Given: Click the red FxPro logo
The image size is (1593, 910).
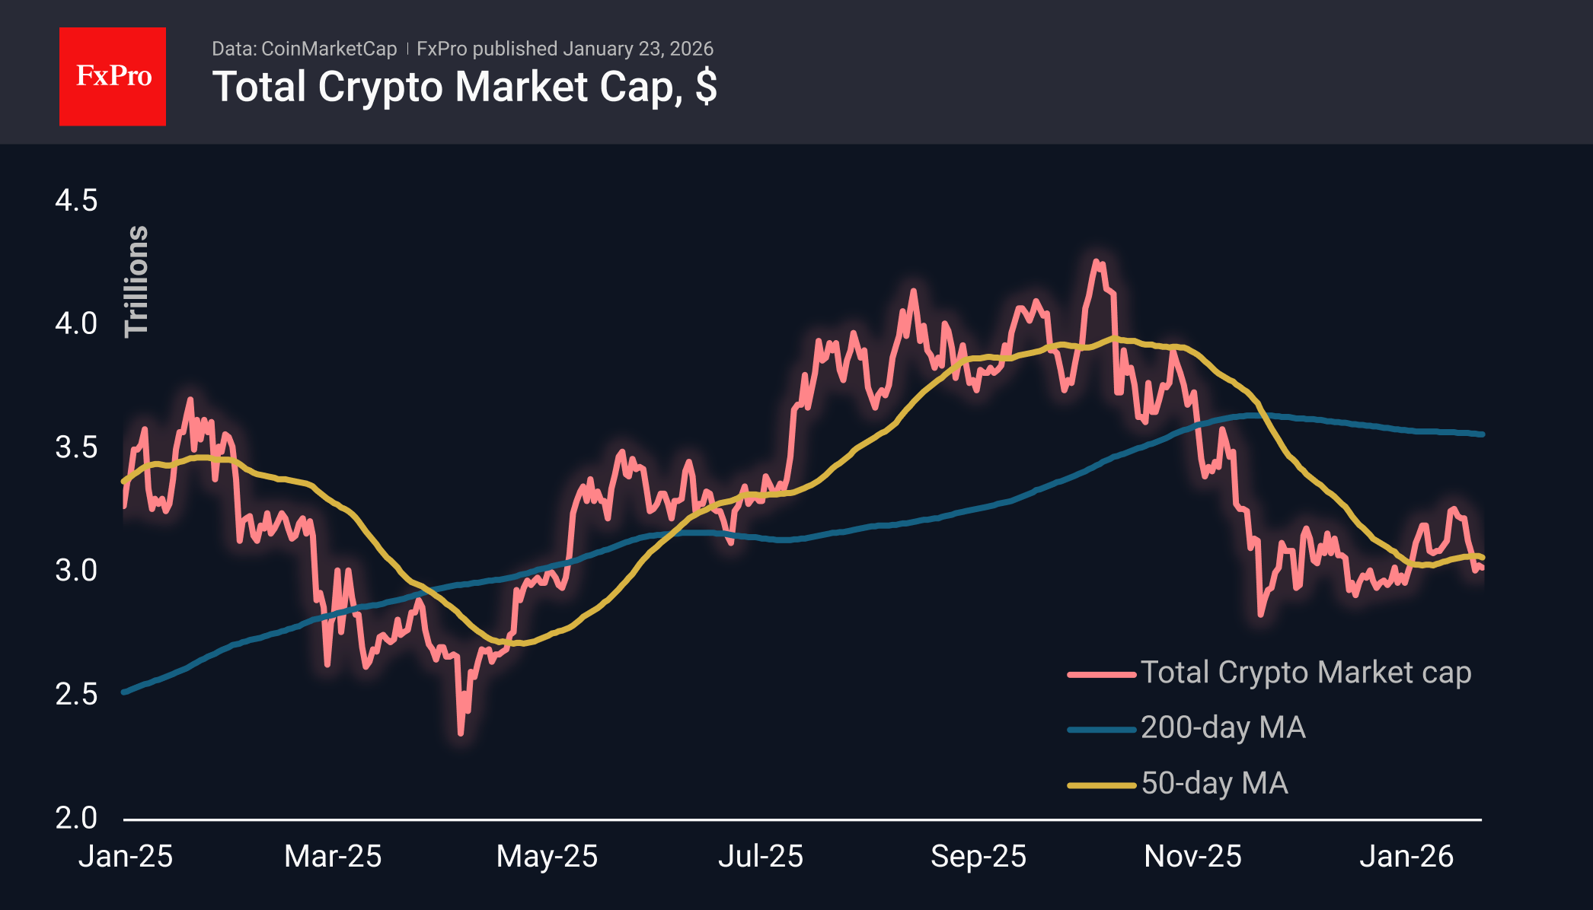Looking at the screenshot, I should coord(113,76).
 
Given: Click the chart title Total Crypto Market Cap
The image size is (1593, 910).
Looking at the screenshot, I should coord(464,87).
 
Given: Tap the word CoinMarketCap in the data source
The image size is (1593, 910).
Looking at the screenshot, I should coord(328,49).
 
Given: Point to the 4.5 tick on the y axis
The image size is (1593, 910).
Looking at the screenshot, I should coord(76,201).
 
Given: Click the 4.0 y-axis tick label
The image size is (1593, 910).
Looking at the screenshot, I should coord(76,323).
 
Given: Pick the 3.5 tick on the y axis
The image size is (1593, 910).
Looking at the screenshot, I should coord(76,447).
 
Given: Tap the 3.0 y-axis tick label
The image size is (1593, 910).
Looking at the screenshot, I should coord(76,571).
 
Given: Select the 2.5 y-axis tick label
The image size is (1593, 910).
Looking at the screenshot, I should coord(76,694).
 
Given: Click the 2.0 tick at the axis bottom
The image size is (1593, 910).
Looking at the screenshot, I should coord(76,818).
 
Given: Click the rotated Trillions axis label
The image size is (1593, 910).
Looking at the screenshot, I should coord(137,281).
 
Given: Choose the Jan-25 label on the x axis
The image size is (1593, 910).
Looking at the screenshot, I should coord(126,857).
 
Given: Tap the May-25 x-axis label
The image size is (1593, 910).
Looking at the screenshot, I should coord(547,857).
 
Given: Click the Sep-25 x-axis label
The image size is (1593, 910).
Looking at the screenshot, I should coord(978,857).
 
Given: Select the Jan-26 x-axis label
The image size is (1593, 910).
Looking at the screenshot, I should coord(1406,857).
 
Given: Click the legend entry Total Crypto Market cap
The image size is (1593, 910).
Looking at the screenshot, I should coord(1305,673).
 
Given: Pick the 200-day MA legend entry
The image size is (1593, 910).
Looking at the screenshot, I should coord(1223,728).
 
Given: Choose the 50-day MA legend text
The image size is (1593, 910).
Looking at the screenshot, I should coord(1215,784).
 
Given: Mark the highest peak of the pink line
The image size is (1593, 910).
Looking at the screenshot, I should coord(1097,262).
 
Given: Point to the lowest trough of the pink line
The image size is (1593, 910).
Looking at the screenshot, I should coord(461,733).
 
